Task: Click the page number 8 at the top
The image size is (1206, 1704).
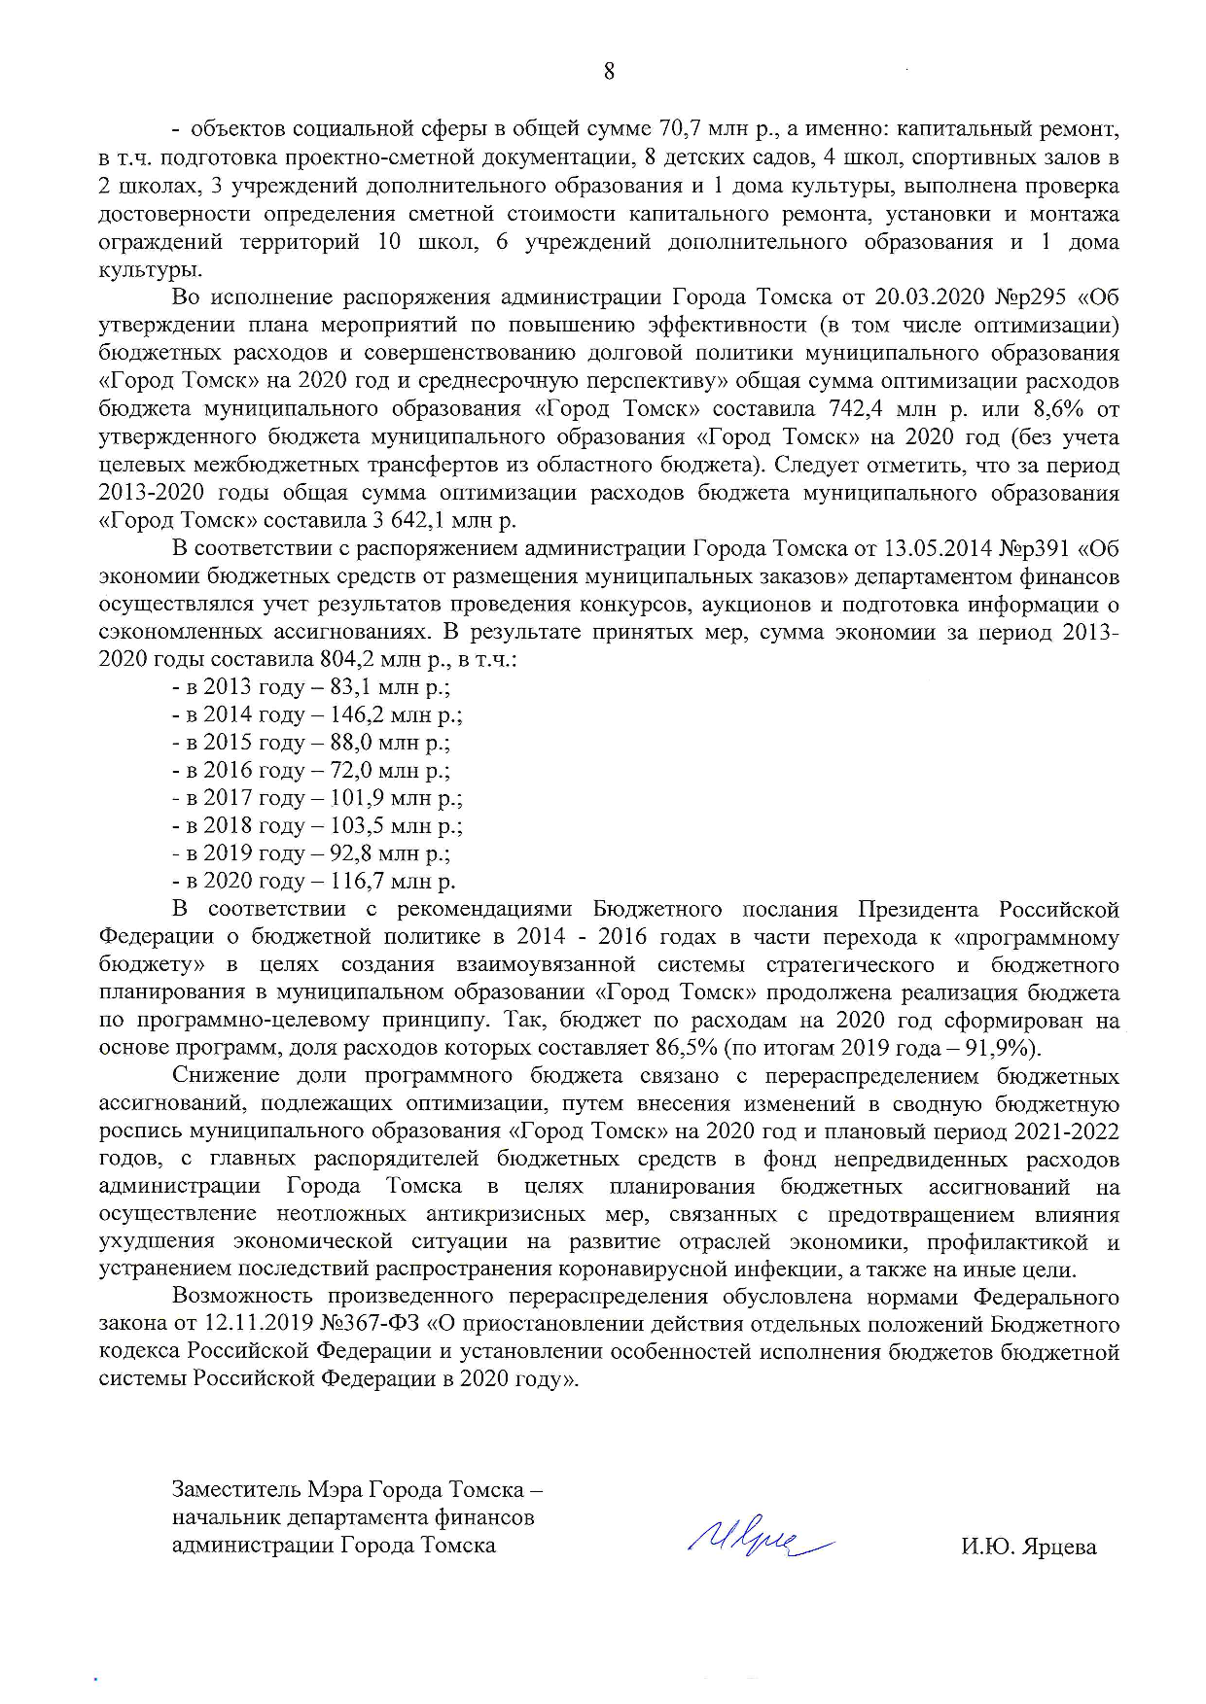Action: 609,71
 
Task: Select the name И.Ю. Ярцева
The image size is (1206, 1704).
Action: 1028,1547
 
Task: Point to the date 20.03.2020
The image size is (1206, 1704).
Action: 924,297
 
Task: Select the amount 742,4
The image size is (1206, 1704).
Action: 857,409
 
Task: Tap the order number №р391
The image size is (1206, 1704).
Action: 1035,549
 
